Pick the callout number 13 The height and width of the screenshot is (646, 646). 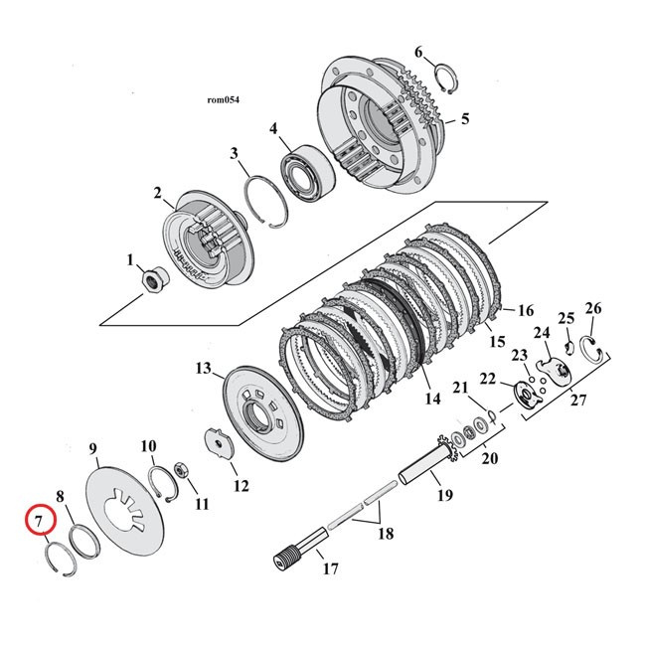pyautogui.click(x=204, y=369)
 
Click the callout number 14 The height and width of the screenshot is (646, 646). pyautogui.click(x=431, y=400)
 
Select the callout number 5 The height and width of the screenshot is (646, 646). pyautogui.click(x=463, y=119)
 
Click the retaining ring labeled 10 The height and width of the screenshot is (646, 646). pyautogui.click(x=163, y=480)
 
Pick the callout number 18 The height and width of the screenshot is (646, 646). pyautogui.click(x=385, y=533)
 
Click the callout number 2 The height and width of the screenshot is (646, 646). pyautogui.click(x=157, y=192)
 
